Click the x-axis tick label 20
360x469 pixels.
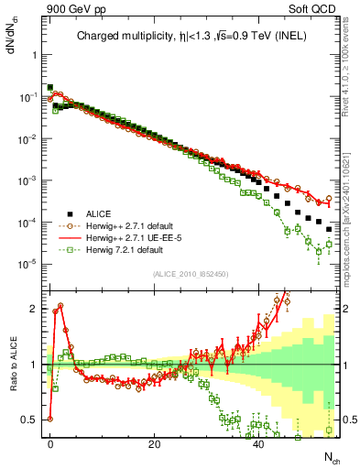(155, 444)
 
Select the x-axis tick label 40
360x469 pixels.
(259, 444)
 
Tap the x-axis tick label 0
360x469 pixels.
(50, 444)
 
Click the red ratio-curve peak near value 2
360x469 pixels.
(60, 305)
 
